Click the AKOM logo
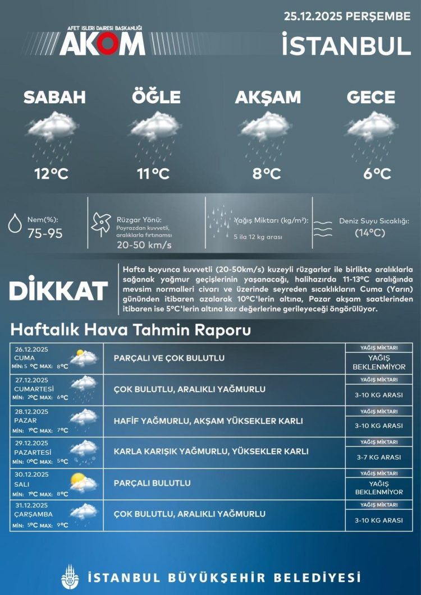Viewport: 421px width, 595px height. point(102,43)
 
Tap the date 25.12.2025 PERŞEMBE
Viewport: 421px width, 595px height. point(347,16)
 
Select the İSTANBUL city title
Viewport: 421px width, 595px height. point(346,45)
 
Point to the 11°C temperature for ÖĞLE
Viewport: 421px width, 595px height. point(153,174)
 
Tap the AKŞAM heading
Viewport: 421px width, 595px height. point(268,97)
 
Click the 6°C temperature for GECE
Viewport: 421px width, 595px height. point(377,174)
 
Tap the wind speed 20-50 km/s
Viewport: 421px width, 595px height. point(144,245)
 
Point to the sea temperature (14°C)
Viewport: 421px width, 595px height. point(370,233)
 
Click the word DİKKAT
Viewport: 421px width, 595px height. point(58,291)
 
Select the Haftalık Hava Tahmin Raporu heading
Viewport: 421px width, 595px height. point(130,330)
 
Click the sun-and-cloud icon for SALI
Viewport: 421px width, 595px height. point(83,483)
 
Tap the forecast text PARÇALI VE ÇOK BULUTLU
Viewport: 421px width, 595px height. point(169,358)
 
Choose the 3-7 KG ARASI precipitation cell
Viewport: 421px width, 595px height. point(379,457)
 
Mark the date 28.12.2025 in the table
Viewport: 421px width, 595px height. point(32,412)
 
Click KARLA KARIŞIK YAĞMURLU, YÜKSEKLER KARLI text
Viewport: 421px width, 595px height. point(210,451)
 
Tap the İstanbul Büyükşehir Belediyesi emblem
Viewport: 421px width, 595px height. point(70,576)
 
